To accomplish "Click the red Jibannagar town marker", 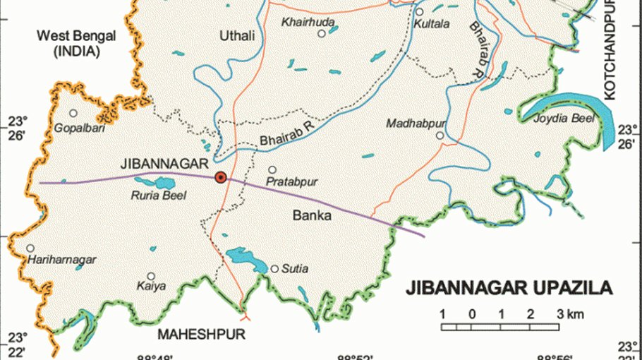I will (221, 177).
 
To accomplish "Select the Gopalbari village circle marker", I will (73, 113).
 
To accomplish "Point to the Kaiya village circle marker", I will (150, 277).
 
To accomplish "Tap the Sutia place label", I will (296, 269).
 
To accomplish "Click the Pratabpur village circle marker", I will (272, 170).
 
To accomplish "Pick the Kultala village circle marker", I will (419, 12).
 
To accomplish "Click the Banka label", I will (311, 216).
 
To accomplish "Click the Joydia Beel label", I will (564, 119).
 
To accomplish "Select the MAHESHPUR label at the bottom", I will (202, 334).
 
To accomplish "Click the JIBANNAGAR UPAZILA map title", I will (508, 288).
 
